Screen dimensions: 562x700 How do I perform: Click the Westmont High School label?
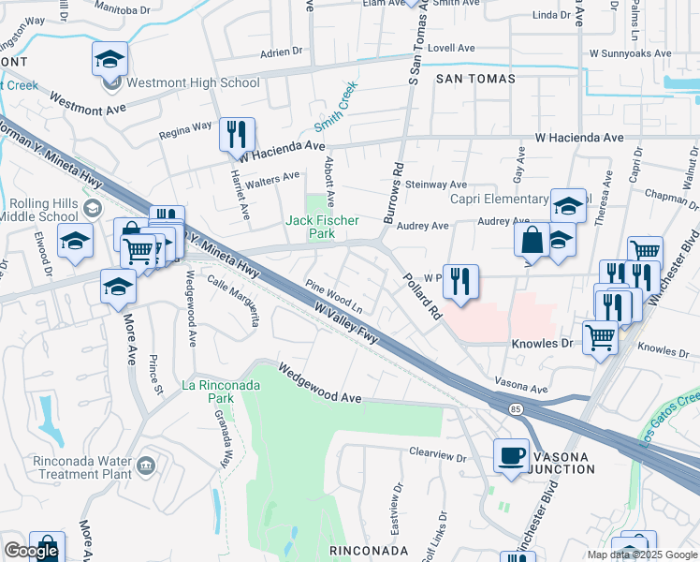coord(193,82)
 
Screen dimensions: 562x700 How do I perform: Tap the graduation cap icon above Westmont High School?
coord(109,60)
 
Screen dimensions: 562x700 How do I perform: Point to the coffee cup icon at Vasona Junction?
coord(511,455)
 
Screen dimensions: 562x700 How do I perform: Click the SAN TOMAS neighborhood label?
coord(475,80)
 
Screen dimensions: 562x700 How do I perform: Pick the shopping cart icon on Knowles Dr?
coord(600,337)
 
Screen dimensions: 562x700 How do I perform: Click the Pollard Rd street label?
coord(421,299)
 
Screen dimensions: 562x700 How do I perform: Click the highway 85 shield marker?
coord(516,409)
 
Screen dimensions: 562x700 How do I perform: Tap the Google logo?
coord(30,551)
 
